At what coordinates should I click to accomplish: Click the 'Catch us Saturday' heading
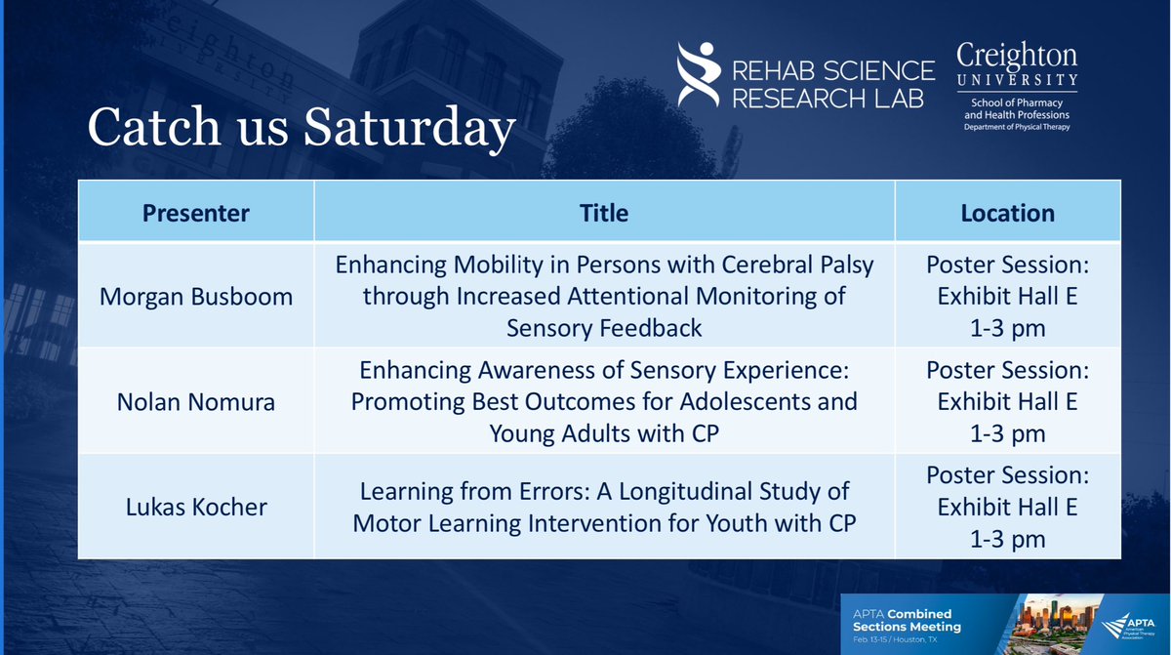301,127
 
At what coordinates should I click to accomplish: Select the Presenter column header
196,212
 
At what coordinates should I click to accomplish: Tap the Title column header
604,212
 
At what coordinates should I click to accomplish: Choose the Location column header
1007,212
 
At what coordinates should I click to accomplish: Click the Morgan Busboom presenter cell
196,297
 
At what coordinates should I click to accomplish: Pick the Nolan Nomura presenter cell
196,400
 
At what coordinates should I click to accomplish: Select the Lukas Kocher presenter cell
196,508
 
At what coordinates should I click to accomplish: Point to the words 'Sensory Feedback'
604,328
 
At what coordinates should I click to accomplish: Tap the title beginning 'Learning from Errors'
604,507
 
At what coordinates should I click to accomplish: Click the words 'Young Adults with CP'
604,433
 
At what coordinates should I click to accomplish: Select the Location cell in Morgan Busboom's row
1007,297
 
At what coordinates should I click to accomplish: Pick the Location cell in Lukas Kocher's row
1007,508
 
